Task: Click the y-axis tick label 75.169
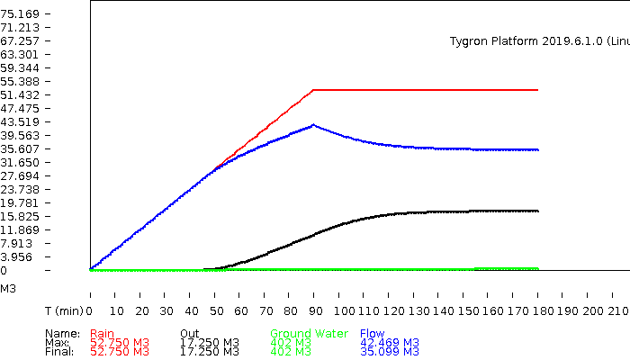(20, 13)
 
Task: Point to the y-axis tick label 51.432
(20, 94)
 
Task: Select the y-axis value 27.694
(20, 175)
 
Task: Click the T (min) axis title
(65, 310)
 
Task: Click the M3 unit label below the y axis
(8, 289)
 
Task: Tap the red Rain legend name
(102, 334)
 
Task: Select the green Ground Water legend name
(309, 334)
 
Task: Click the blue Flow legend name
(372, 334)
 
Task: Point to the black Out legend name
(189, 334)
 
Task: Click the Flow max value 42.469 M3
(389, 343)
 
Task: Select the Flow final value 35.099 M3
(389, 352)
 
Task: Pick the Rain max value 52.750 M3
(120, 343)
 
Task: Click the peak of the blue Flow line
(313, 125)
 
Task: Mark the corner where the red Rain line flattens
(313, 90)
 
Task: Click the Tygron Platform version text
(538, 41)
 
